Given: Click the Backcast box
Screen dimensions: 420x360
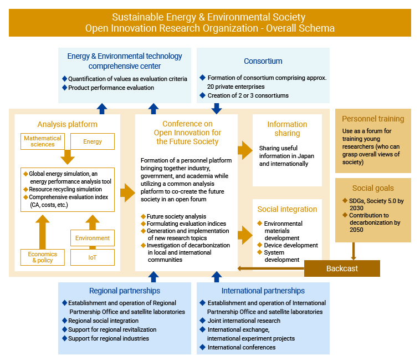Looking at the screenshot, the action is (x=342, y=268).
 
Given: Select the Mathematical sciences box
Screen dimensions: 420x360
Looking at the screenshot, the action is (x=43, y=141).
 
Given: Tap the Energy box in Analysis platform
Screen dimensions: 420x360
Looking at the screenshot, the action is (x=93, y=141).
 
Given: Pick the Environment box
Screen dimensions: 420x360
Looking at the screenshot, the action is (x=93, y=238).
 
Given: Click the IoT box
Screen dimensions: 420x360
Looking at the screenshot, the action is (x=93, y=257).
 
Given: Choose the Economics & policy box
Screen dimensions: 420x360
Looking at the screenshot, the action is (x=43, y=257).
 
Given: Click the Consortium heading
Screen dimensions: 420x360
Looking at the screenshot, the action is (x=263, y=61).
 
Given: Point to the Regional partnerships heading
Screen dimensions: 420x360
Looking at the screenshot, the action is (x=125, y=291).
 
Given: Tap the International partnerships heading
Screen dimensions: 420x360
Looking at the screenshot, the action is (x=263, y=291).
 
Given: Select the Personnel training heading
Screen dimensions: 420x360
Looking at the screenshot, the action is (x=373, y=119).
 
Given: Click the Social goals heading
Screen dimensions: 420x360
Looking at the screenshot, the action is (x=373, y=188).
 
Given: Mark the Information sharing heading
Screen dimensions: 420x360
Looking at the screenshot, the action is (x=287, y=129).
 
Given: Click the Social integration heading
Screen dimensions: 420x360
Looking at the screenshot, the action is (x=287, y=209).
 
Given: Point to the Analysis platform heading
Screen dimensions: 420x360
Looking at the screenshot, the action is (x=67, y=124).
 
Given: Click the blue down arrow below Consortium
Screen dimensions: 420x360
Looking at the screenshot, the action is (x=217, y=109).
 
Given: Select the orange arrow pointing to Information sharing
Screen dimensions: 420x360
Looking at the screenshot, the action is (x=245, y=150).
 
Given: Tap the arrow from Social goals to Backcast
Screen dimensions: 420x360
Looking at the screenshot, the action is (x=354, y=251).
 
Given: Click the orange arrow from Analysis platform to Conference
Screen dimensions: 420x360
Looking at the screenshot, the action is (x=127, y=192).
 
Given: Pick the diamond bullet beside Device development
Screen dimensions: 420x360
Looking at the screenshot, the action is (x=259, y=245).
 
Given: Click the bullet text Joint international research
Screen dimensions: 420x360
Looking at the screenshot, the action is (x=244, y=321).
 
